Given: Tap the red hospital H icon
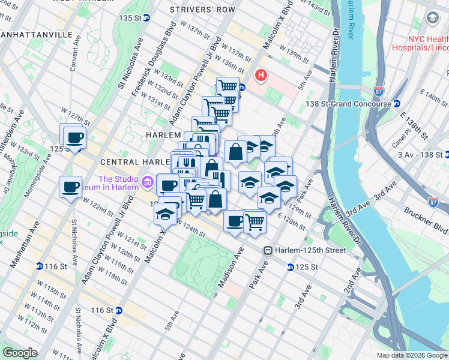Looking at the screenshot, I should point(261,76).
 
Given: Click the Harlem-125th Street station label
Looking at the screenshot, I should point(311,250).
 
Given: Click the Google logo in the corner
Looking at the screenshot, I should point(20,353).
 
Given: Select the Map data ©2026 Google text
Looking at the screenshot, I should point(412,355).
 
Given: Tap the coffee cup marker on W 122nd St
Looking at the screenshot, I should point(70,187).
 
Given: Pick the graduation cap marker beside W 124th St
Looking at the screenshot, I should point(165,212).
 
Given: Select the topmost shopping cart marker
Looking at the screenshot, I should point(228,86).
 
